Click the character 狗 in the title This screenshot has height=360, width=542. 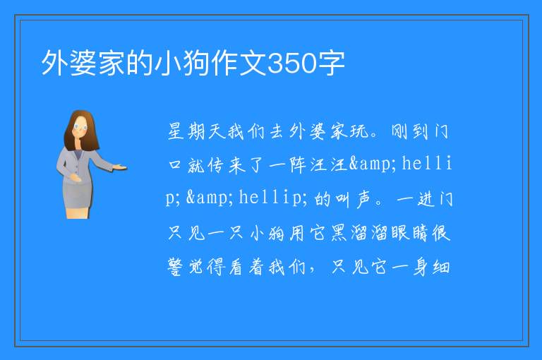[197, 64]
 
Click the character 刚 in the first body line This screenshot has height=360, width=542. [400, 132]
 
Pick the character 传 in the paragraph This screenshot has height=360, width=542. [215, 165]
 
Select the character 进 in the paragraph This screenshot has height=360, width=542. [426, 200]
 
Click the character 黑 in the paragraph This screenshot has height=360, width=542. [339, 233]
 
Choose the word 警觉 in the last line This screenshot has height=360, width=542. [186, 267]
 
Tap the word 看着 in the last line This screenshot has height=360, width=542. [246, 267]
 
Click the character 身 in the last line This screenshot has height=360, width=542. [421, 267]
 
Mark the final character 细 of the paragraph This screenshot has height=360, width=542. [441, 267]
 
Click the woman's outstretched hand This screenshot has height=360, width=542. [120, 167]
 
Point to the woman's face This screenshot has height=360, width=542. [80, 127]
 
